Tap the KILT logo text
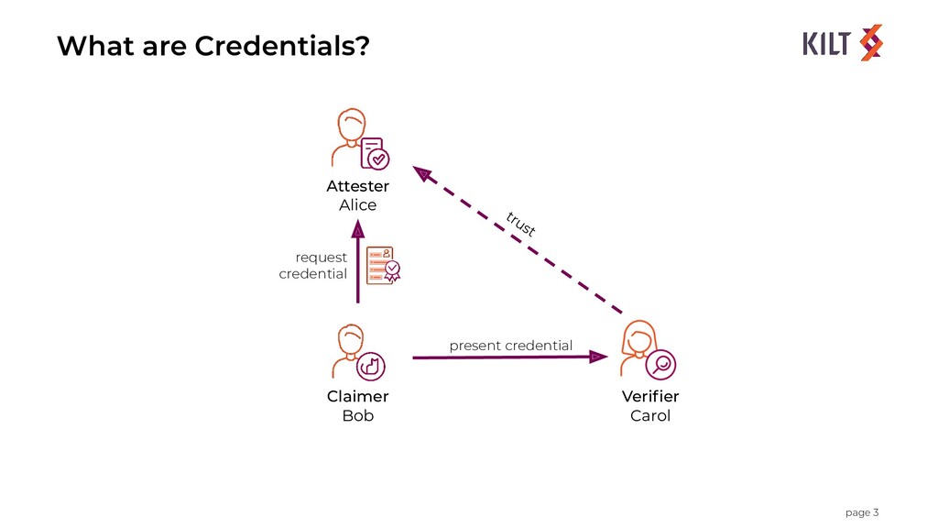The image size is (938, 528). pyautogui.click(x=828, y=42)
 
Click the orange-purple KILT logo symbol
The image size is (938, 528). pyautogui.click(x=870, y=42)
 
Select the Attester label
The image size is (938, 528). pyautogui.click(x=357, y=186)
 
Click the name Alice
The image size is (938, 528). pyautogui.click(x=357, y=205)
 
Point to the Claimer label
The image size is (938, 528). pyautogui.click(x=357, y=396)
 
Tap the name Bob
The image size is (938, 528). pyautogui.click(x=357, y=415)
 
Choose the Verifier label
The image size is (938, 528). pyautogui.click(x=650, y=396)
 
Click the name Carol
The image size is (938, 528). pyautogui.click(x=650, y=415)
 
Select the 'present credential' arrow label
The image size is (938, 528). pyautogui.click(x=510, y=346)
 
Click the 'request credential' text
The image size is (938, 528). pyautogui.click(x=313, y=266)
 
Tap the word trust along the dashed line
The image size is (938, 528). pyautogui.click(x=520, y=224)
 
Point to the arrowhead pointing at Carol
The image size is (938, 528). pyautogui.click(x=597, y=356)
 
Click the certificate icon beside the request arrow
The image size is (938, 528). pyautogui.click(x=384, y=265)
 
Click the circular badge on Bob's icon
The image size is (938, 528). pyautogui.click(x=371, y=366)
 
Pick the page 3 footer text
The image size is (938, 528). pyautogui.click(x=861, y=511)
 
